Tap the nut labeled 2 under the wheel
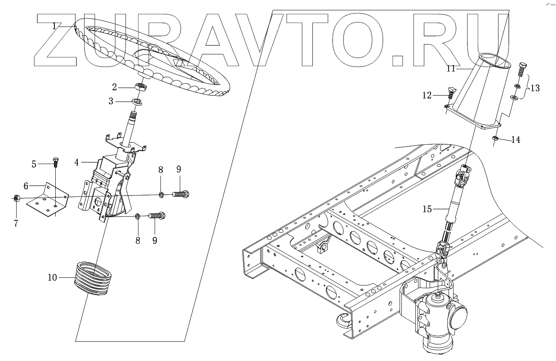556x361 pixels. point(140,87)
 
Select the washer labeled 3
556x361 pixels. point(137,102)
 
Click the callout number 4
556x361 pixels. point(77,162)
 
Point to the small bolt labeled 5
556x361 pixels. point(55,162)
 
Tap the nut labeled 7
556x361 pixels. point(16,198)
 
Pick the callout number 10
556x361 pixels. point(52,277)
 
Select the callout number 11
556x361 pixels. point(451,68)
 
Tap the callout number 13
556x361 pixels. point(535,88)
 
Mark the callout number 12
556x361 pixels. point(427,95)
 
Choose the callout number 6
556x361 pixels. point(26,185)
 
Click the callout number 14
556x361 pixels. point(516,140)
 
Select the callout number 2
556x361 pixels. point(115,86)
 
